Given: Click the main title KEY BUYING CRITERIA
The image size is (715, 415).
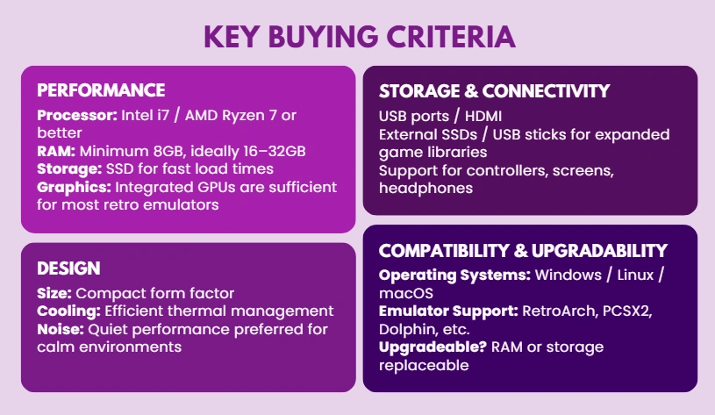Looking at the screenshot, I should click(358, 36).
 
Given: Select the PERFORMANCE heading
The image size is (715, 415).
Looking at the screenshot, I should click(101, 90).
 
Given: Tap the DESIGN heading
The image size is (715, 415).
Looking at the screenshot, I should click(68, 268).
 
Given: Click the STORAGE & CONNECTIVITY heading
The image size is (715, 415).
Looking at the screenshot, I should click(494, 91).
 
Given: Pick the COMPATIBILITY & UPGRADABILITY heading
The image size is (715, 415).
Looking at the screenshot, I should click(523, 251).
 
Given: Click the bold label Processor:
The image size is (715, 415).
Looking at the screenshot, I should click(75, 116).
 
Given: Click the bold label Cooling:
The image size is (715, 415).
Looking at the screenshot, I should click(69, 311).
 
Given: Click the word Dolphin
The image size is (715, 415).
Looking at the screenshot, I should click(404, 330).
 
